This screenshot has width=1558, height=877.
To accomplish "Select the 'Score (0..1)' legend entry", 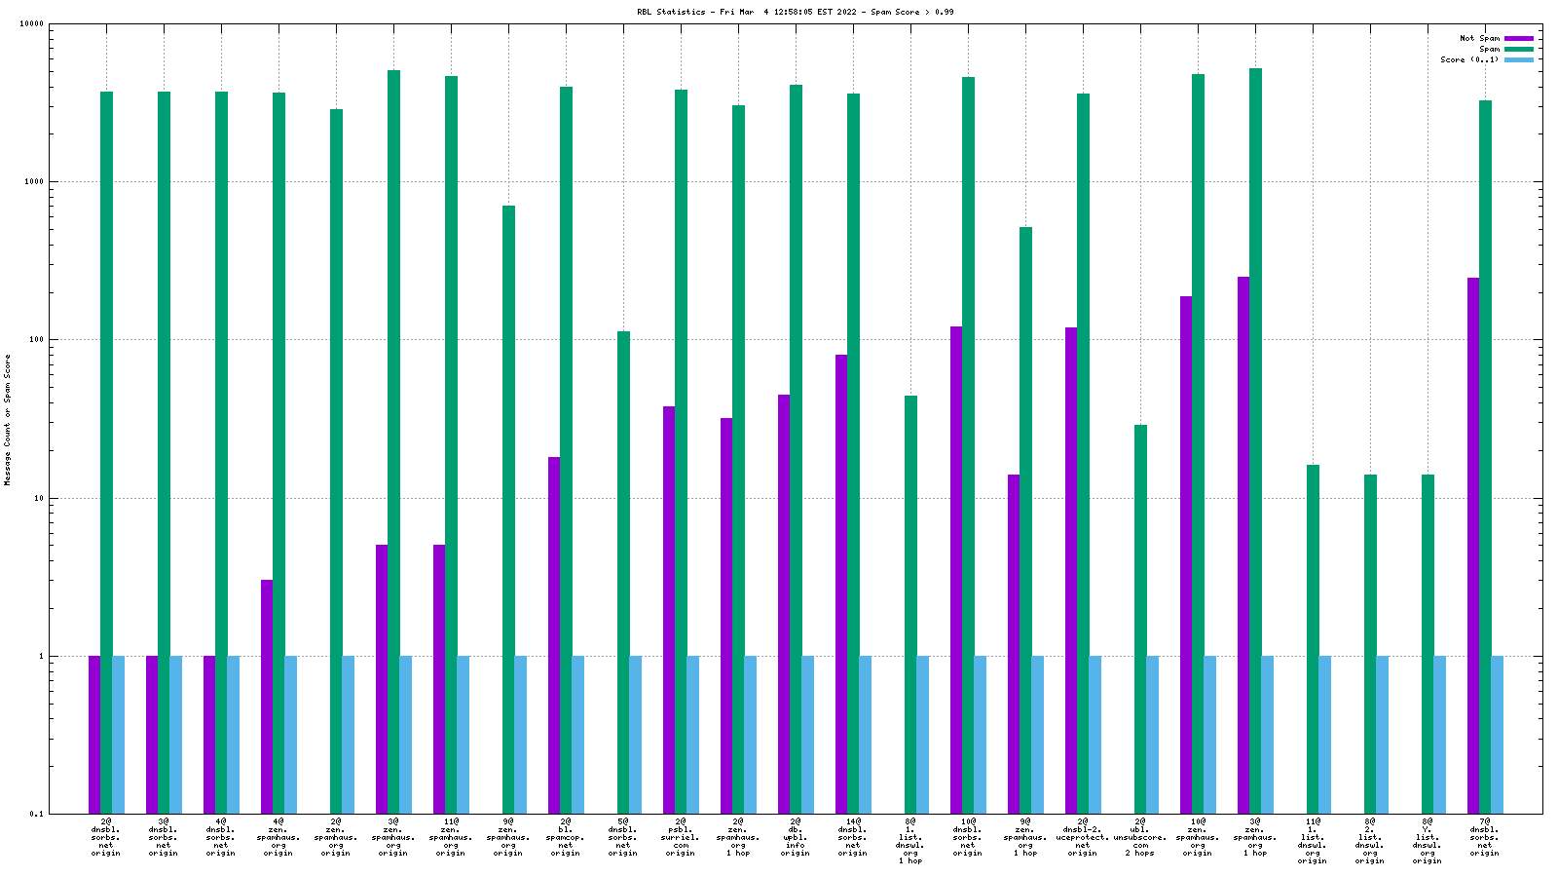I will (1469, 59).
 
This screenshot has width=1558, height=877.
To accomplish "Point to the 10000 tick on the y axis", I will (34, 24).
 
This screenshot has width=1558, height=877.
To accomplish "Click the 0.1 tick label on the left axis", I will (37, 814).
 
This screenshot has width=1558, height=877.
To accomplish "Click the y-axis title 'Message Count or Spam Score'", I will (8, 419).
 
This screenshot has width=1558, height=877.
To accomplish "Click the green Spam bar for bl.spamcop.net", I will (566, 448).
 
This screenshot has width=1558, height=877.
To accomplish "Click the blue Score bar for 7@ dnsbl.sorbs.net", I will (1498, 735).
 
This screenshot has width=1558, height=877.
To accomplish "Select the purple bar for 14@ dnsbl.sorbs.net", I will (841, 585).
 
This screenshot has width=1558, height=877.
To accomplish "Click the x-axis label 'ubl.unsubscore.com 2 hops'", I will (1140, 837).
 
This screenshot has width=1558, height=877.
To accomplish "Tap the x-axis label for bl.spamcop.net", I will (566, 837).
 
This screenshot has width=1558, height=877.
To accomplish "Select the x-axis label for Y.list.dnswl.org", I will (1428, 841).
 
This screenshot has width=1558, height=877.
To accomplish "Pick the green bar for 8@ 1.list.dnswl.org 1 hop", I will (910, 604).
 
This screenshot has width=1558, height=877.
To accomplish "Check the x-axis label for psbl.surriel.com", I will (681, 837).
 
